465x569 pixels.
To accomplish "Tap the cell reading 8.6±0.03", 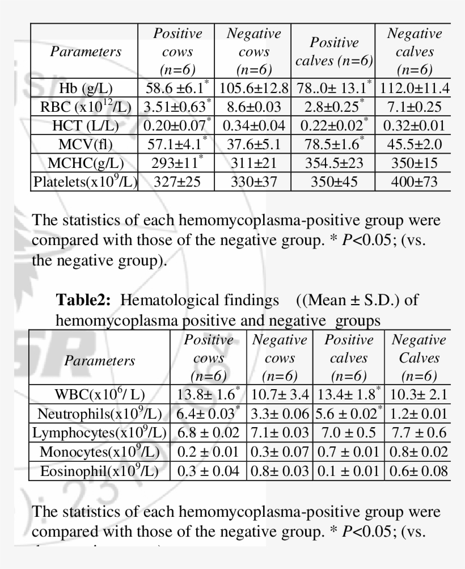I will coord(254,107).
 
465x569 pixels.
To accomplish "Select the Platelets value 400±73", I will coord(414,182).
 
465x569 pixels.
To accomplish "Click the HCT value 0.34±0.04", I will coord(254,126).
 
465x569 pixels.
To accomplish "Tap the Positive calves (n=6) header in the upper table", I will coord(334,52).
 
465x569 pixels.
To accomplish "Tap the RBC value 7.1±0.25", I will coord(414,107).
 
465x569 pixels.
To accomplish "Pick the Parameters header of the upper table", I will coord(86,52).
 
